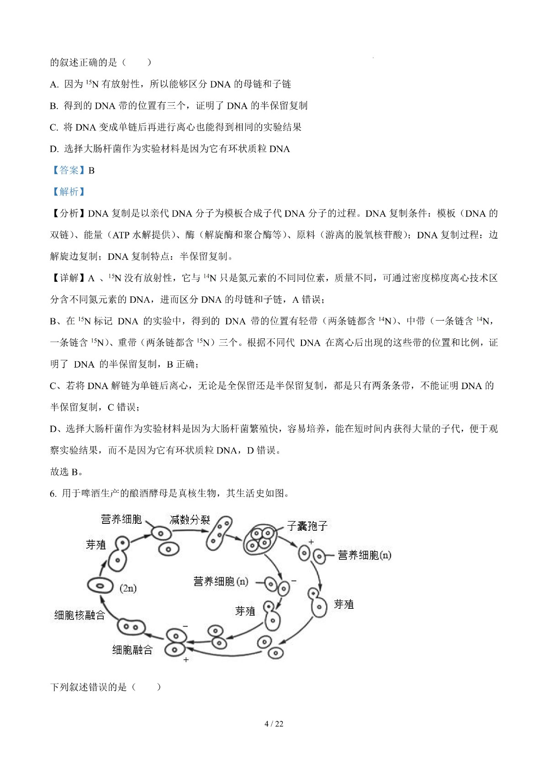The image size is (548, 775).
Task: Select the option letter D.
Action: [54, 149]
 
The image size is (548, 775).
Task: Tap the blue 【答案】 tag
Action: [68, 170]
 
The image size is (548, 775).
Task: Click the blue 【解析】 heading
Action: [68, 192]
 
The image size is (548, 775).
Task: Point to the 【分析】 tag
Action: [68, 213]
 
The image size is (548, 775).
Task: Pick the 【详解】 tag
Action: [68, 278]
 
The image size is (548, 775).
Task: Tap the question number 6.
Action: [53, 494]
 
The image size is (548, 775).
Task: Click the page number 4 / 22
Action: [274, 724]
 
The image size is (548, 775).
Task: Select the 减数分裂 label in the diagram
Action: [190, 520]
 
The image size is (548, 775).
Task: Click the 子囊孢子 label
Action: [307, 526]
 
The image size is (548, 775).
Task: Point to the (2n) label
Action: [128, 588]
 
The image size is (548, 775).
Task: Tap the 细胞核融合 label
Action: [79, 615]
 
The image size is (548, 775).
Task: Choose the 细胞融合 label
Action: [132, 650]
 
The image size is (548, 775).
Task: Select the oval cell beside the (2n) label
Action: [100, 585]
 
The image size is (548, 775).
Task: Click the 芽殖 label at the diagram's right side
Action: [344, 605]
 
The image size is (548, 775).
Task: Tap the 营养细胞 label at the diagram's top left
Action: [121, 519]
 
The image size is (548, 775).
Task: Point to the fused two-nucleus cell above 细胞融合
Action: [132, 627]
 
